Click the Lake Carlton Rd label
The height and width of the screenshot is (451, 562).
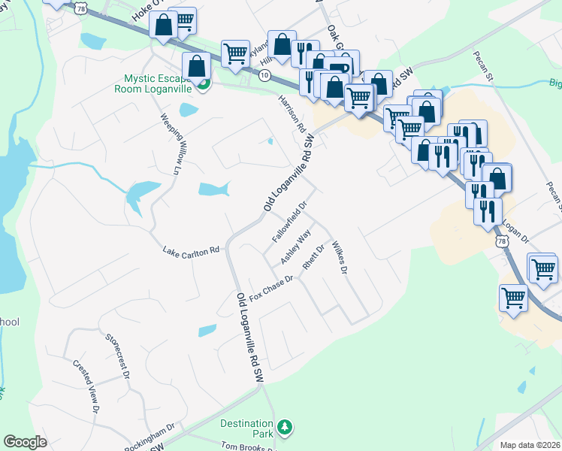point(191,250)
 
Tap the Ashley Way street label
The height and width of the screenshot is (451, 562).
point(296,247)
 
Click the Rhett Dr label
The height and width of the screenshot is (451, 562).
point(313,257)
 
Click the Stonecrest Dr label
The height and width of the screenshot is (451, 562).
point(119,354)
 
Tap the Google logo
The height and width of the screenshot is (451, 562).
point(25,442)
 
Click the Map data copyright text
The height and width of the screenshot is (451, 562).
point(530,445)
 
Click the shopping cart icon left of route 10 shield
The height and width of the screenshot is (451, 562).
point(235,53)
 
